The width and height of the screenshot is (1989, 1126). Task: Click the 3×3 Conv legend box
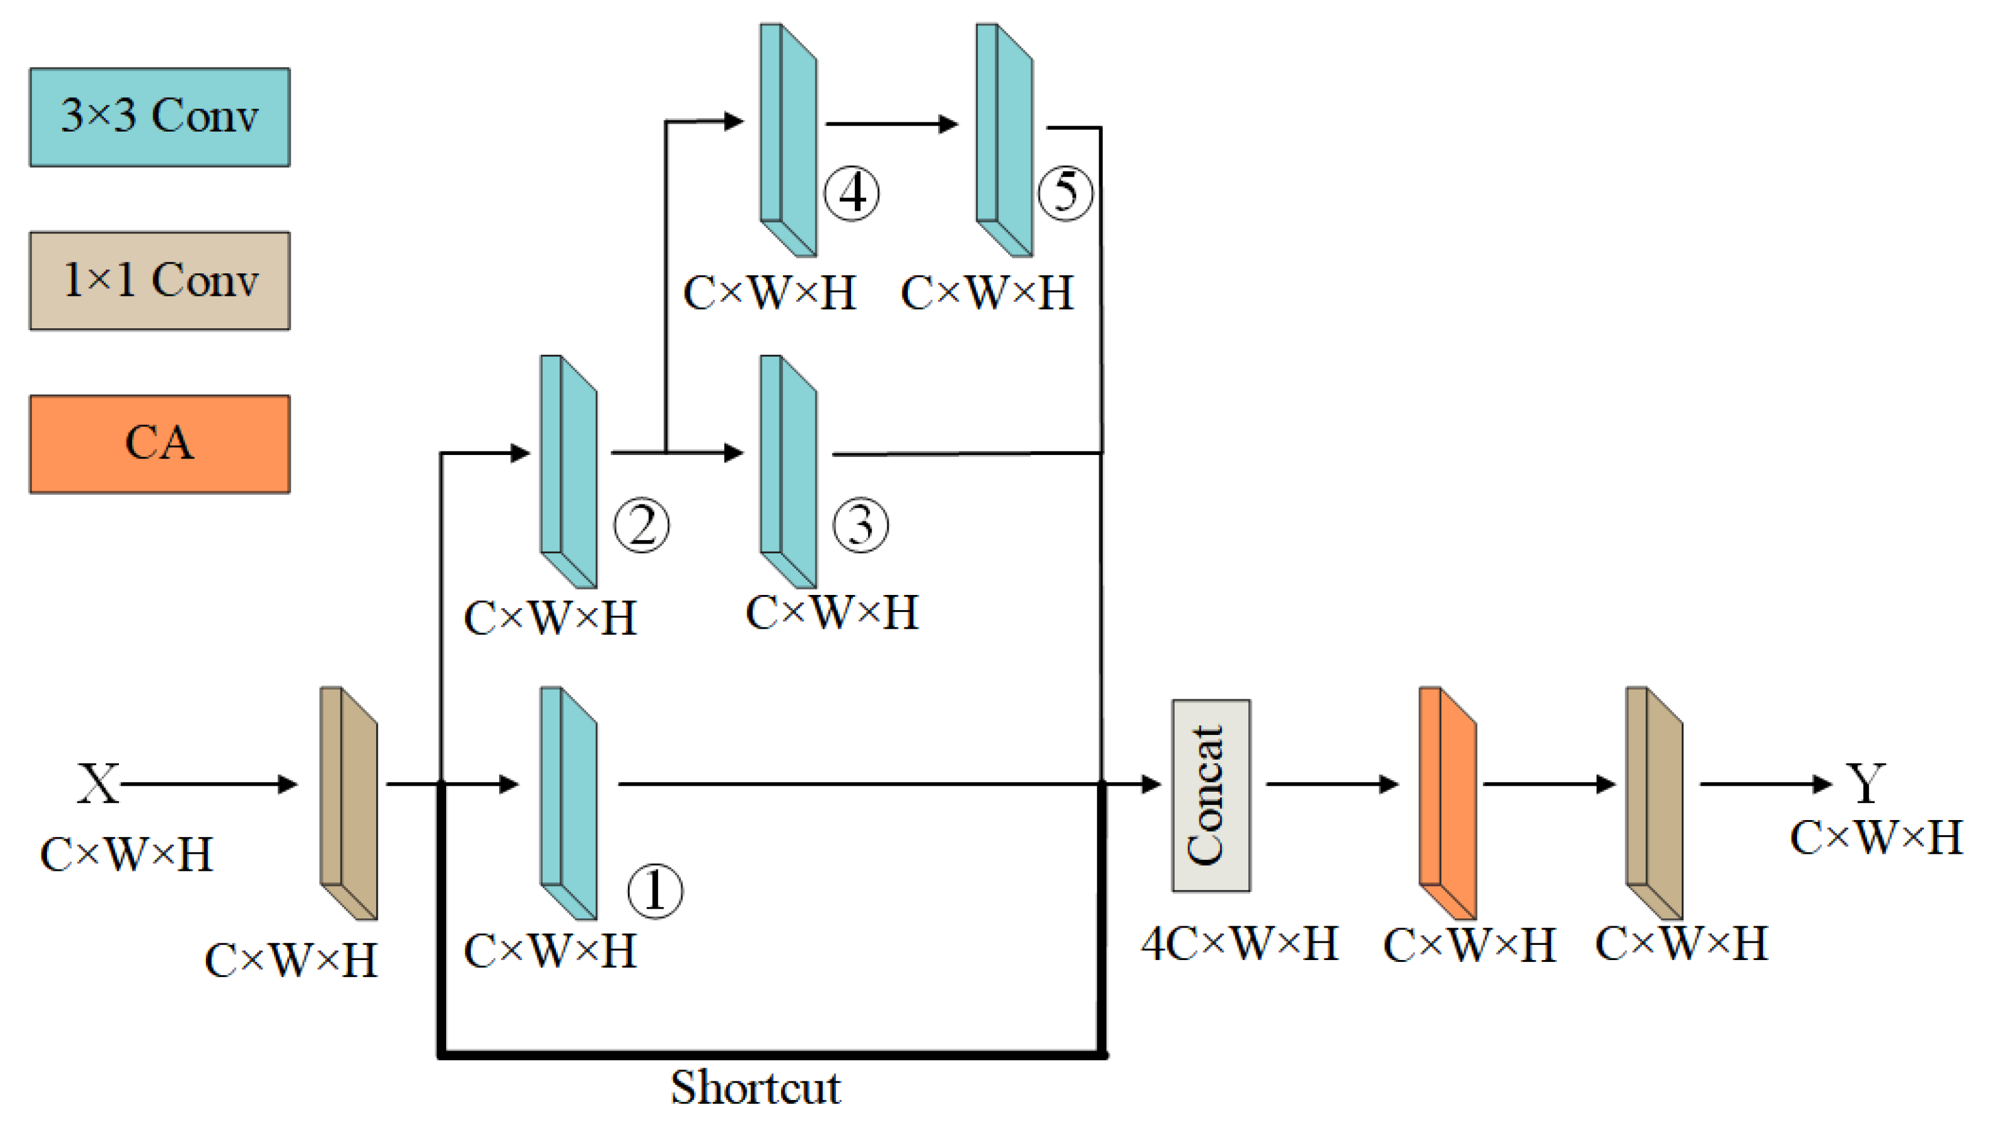(159, 117)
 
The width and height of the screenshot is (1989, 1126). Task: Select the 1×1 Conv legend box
(159, 280)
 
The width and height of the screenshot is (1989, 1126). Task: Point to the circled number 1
(654, 890)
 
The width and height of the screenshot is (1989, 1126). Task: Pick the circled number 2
(640, 525)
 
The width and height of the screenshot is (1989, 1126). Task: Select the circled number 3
(860, 525)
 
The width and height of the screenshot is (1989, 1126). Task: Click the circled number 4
(851, 193)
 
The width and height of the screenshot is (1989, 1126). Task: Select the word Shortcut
(755, 1087)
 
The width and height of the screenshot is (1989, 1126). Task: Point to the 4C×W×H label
(1239, 944)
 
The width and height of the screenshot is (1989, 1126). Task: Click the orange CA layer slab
(1447, 802)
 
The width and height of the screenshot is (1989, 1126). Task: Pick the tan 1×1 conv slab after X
(349, 802)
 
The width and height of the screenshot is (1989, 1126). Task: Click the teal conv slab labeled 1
(568, 802)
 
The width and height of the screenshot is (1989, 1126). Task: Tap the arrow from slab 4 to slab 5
(890, 124)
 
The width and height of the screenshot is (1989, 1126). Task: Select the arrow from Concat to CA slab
(1330, 784)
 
